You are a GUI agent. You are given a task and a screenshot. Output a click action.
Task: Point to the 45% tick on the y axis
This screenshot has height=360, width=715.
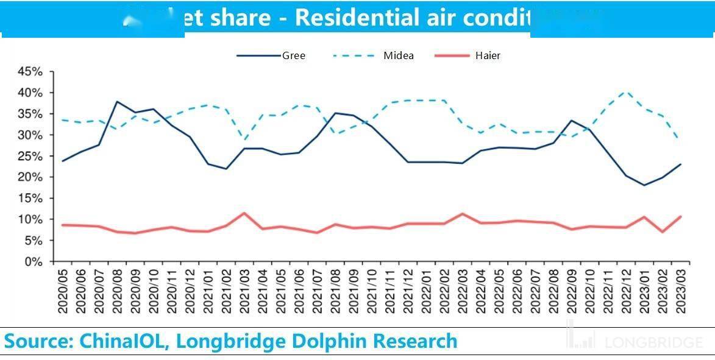[29, 72]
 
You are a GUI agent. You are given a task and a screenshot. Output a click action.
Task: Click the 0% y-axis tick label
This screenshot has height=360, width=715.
[34, 262]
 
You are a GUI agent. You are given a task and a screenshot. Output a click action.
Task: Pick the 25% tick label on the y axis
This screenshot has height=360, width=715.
[29, 157]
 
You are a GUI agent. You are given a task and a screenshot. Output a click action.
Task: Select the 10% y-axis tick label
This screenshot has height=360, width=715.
[29, 220]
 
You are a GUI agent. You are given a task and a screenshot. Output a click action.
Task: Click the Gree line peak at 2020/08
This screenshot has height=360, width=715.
[117, 102]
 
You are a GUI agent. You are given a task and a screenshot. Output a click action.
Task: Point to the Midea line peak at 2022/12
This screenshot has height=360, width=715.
[625, 92]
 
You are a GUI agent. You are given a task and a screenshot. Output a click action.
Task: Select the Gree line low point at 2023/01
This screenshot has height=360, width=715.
[644, 185]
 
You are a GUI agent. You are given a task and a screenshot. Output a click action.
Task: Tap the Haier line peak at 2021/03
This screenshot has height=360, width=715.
[244, 213]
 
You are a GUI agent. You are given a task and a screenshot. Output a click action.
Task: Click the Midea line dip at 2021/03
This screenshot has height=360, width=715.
[244, 140]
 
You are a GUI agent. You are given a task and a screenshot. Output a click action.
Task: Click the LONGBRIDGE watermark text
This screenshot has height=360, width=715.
[653, 342]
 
